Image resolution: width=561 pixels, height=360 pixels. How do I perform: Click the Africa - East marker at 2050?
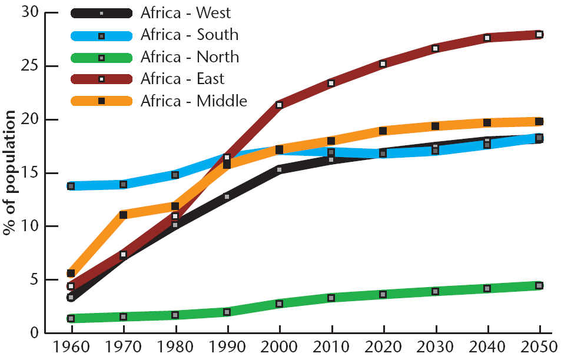[x=539, y=35]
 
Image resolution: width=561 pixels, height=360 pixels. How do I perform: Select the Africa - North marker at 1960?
[x=71, y=318]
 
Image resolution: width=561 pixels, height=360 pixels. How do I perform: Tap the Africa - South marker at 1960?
[x=71, y=186]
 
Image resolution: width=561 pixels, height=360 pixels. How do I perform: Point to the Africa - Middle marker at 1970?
[x=123, y=215]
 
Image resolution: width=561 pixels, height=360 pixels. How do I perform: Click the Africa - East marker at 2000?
[x=279, y=105]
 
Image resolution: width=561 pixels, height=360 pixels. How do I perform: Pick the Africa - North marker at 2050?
[x=539, y=286]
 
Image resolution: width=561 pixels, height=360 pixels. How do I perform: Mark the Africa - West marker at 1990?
[x=227, y=196]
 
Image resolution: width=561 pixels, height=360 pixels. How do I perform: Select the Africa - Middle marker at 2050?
[x=539, y=122]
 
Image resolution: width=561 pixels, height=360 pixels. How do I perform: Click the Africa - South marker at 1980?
[x=175, y=175]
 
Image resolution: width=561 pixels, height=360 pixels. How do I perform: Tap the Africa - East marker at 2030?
[x=435, y=48]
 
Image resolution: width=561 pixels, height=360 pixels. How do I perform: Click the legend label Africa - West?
[x=185, y=13]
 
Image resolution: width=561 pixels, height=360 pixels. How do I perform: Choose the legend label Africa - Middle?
[x=194, y=101]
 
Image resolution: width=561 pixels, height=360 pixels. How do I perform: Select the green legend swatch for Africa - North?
[x=101, y=58]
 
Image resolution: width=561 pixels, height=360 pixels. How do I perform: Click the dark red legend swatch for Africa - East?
[x=101, y=79]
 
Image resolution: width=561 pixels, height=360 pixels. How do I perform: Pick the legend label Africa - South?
[x=190, y=35]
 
